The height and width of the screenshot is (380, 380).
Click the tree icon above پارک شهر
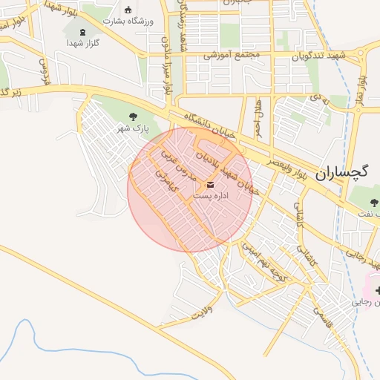134,116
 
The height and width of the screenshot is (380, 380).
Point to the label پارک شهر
133,128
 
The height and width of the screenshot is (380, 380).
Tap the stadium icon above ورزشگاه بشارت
128,10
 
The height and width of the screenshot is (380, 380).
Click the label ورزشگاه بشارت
128,22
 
